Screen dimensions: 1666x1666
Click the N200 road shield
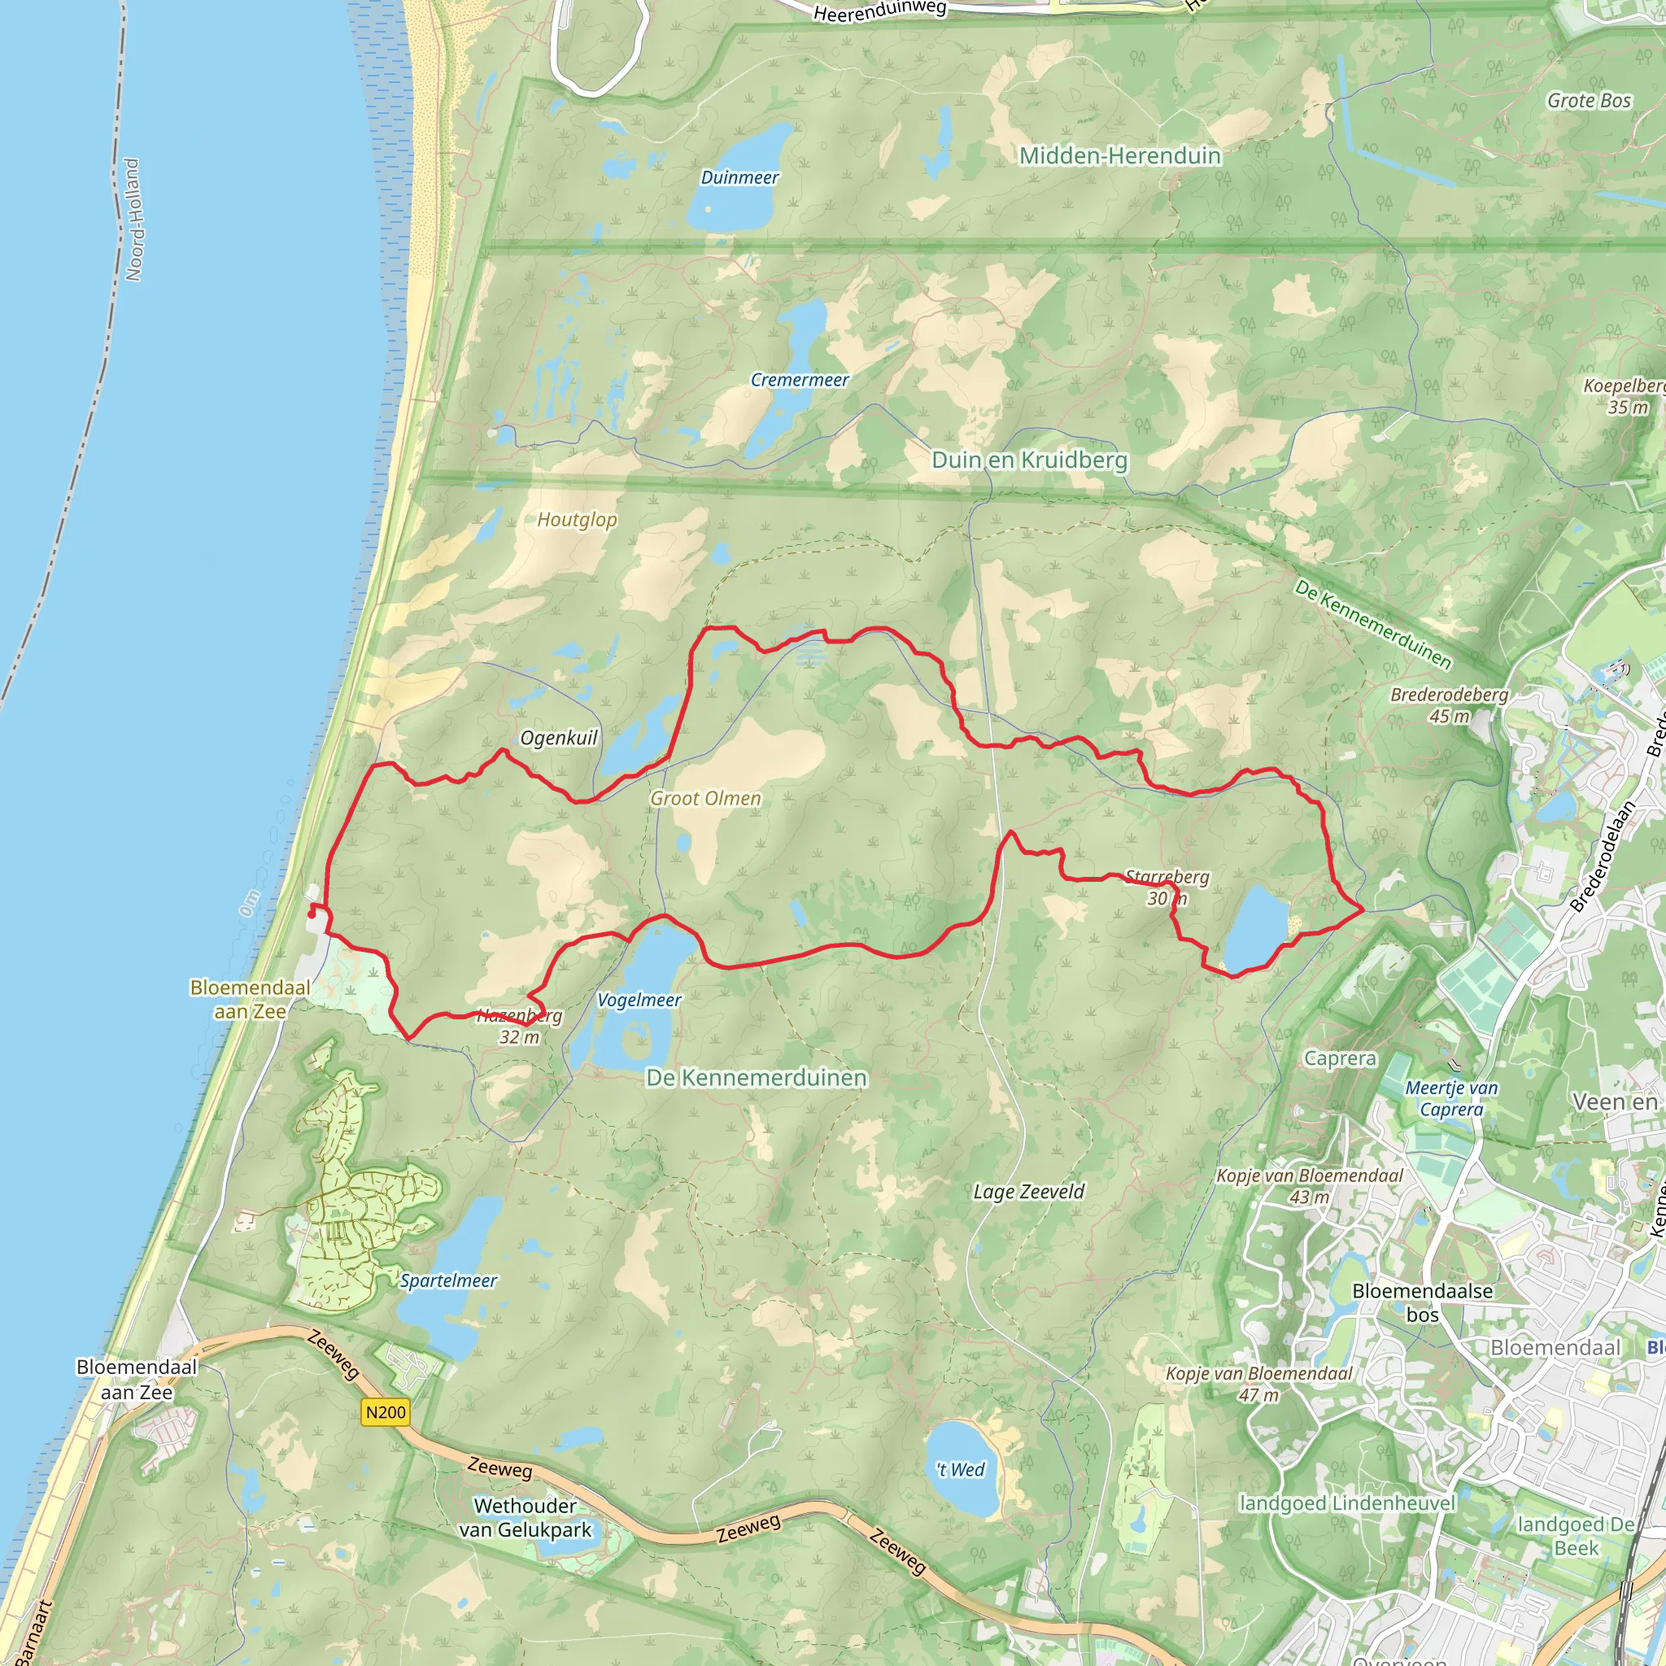386,1412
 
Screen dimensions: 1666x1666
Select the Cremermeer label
800,380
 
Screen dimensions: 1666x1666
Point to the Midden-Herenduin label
1120,156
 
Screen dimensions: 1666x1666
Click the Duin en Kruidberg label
1030,460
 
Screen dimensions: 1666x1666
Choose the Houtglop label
577,520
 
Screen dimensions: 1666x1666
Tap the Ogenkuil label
559,738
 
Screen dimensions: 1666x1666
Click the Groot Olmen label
705,799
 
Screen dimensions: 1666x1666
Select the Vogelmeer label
639,1001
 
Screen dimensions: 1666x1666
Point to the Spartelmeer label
448,1280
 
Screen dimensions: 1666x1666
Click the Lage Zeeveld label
1029,1192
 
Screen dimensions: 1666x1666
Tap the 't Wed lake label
961,1469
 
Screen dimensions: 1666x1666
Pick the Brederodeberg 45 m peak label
1449,705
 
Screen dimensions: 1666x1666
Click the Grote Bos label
1590,101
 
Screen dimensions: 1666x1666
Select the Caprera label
1340,1059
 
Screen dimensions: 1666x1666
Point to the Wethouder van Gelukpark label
526,1518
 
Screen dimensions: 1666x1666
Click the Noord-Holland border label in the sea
133,220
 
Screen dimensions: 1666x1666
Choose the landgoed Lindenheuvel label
1347,1503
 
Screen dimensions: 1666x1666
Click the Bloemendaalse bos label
1422,1303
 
